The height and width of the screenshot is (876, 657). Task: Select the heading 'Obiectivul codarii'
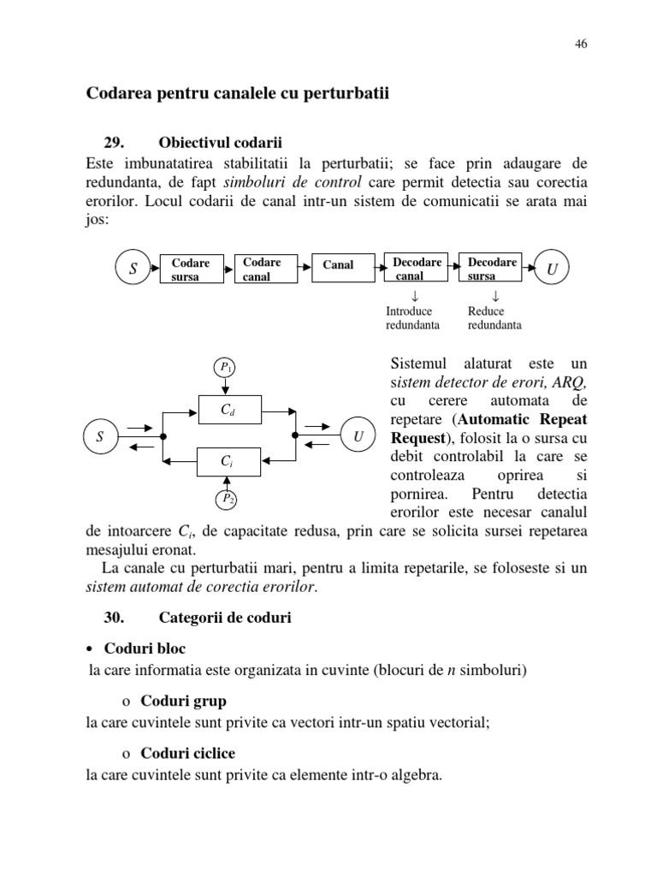221,142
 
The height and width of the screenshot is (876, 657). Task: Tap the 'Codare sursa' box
191,269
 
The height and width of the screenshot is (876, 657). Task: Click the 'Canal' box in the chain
338,265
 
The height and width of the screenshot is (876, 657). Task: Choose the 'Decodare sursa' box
492,269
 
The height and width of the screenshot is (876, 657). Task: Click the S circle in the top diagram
133,269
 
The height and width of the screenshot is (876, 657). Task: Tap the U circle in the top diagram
552,270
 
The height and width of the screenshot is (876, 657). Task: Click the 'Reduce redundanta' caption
494,318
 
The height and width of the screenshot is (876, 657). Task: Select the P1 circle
226,368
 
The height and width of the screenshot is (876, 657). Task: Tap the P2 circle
226,498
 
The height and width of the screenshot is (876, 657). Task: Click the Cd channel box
227,410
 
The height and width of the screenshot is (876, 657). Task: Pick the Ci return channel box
227,461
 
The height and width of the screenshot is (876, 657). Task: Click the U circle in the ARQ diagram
357,436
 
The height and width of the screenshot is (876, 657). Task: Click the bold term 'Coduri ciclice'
187,754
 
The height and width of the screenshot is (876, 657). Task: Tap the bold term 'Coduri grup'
183,701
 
